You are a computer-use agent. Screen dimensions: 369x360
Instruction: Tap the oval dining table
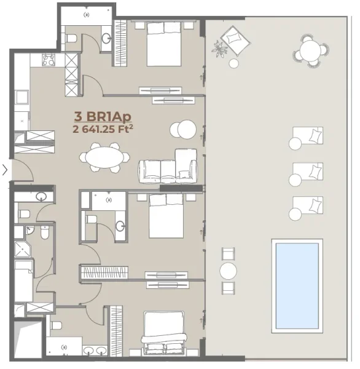pos(103,157)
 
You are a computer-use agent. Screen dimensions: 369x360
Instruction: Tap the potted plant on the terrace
pos(219,47)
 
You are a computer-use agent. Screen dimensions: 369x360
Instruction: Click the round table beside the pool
pos(228,271)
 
